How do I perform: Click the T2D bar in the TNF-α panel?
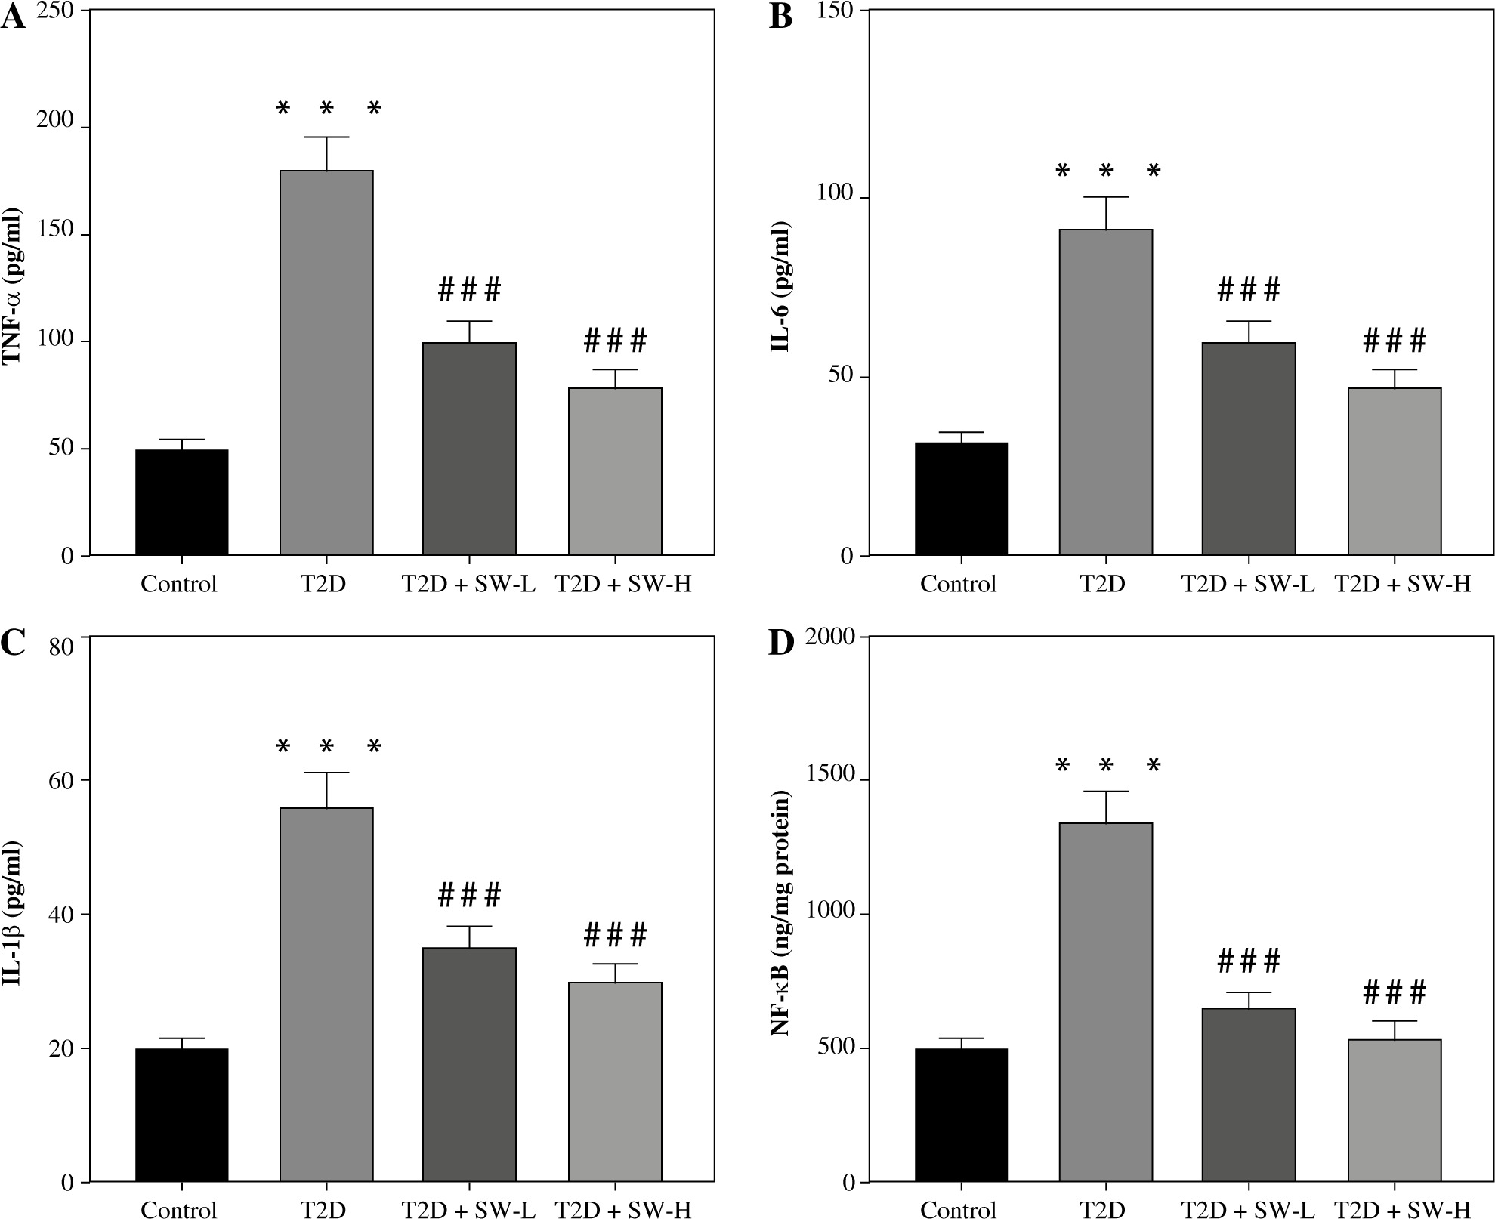coord(326,363)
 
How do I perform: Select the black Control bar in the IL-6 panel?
coord(961,498)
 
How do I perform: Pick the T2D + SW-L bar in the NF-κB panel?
coord(1249,1094)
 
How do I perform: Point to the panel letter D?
coord(780,643)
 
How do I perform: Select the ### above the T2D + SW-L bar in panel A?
coord(469,289)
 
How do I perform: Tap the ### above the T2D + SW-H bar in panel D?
coord(1394,992)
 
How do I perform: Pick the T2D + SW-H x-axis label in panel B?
coord(1402,584)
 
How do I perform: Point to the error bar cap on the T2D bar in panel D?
coord(1106,792)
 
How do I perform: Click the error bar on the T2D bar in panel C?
coord(326,790)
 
